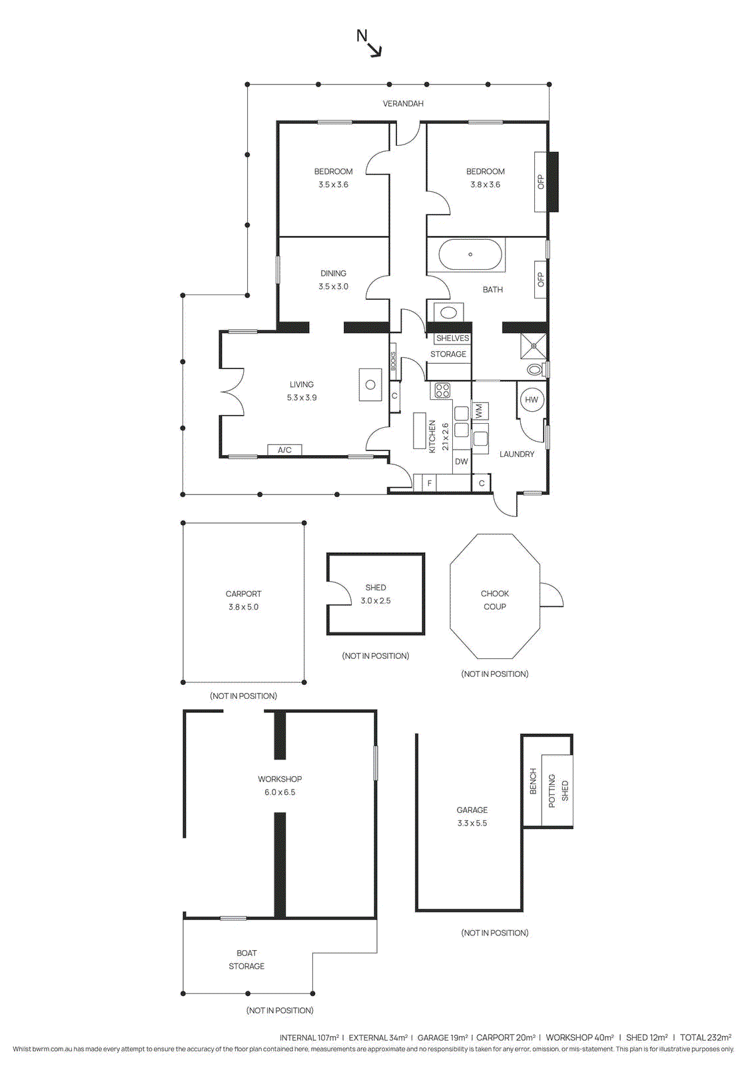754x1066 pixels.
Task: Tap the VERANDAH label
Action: [x=403, y=103]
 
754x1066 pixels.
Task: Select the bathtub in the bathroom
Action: [x=470, y=255]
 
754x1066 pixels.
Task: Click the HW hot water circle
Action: [x=532, y=400]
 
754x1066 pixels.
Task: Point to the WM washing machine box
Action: [x=480, y=411]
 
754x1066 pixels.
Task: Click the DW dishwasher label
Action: [x=462, y=461]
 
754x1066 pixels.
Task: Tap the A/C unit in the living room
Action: [x=284, y=450]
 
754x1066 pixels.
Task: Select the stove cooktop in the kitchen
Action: [x=442, y=390]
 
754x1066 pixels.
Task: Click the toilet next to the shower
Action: [x=535, y=369]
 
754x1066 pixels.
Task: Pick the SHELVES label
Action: [x=453, y=338]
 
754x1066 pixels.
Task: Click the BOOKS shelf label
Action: [x=394, y=361]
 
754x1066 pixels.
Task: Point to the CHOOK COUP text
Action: [x=495, y=600]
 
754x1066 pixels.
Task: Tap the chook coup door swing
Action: [x=551, y=595]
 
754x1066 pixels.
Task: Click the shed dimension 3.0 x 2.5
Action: [x=376, y=600]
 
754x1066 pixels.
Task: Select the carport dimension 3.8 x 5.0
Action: [x=243, y=607]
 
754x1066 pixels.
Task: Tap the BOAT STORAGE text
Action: [x=246, y=959]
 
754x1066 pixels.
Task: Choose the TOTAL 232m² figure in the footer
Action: [x=705, y=1037]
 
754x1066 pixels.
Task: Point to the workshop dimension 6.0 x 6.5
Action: [x=280, y=792]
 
